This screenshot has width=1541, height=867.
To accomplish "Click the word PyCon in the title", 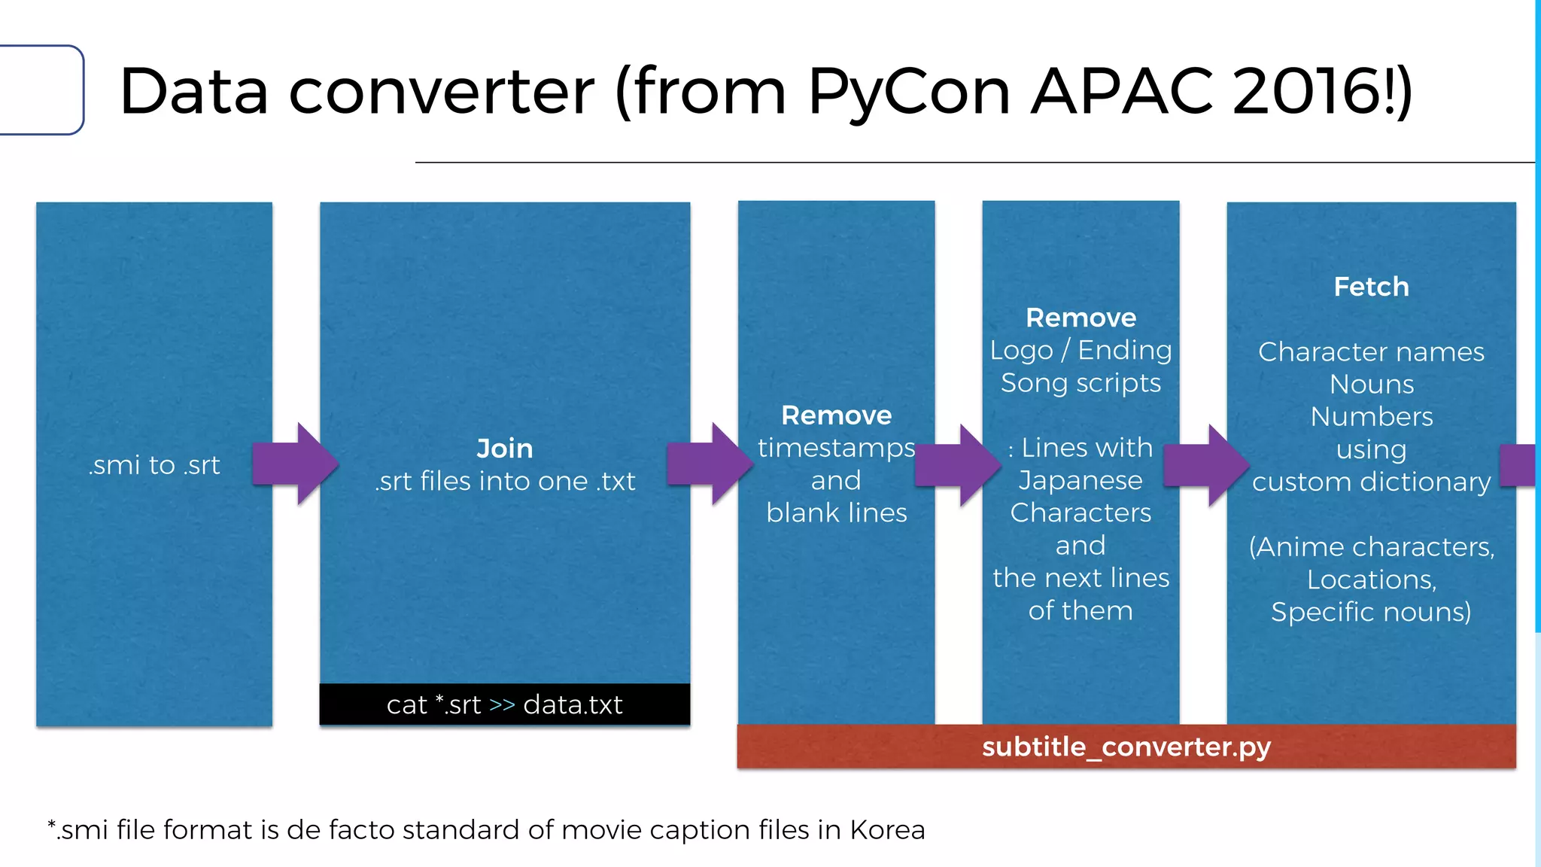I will (908, 92).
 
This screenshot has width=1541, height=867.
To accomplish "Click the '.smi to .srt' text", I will (154, 465).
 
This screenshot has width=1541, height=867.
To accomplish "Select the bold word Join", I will (505, 449).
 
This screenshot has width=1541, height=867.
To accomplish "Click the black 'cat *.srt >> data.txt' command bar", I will (505, 705).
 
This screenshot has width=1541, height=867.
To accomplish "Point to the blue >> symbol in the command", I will (502, 705).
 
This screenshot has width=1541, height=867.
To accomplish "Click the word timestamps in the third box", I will (836, 448).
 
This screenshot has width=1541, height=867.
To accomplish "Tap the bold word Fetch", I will (1371, 287).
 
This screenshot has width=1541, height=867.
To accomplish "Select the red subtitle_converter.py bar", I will (1126, 747).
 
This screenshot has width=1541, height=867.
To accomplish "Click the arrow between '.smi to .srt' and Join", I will (296, 464).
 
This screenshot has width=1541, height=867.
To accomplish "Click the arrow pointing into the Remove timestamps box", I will (710, 464).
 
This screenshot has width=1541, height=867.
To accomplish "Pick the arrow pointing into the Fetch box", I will (1206, 465).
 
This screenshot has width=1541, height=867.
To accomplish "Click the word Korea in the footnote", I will (887, 829).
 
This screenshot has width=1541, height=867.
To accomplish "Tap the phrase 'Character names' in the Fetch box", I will (1371, 351).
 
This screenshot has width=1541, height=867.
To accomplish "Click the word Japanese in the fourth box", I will (1081, 480).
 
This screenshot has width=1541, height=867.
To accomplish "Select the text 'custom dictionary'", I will (1371, 482).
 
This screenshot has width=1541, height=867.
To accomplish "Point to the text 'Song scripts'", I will (1081, 383).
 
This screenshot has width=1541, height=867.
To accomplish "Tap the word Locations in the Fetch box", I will (1371, 580).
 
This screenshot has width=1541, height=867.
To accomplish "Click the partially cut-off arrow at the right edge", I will (1518, 464).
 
